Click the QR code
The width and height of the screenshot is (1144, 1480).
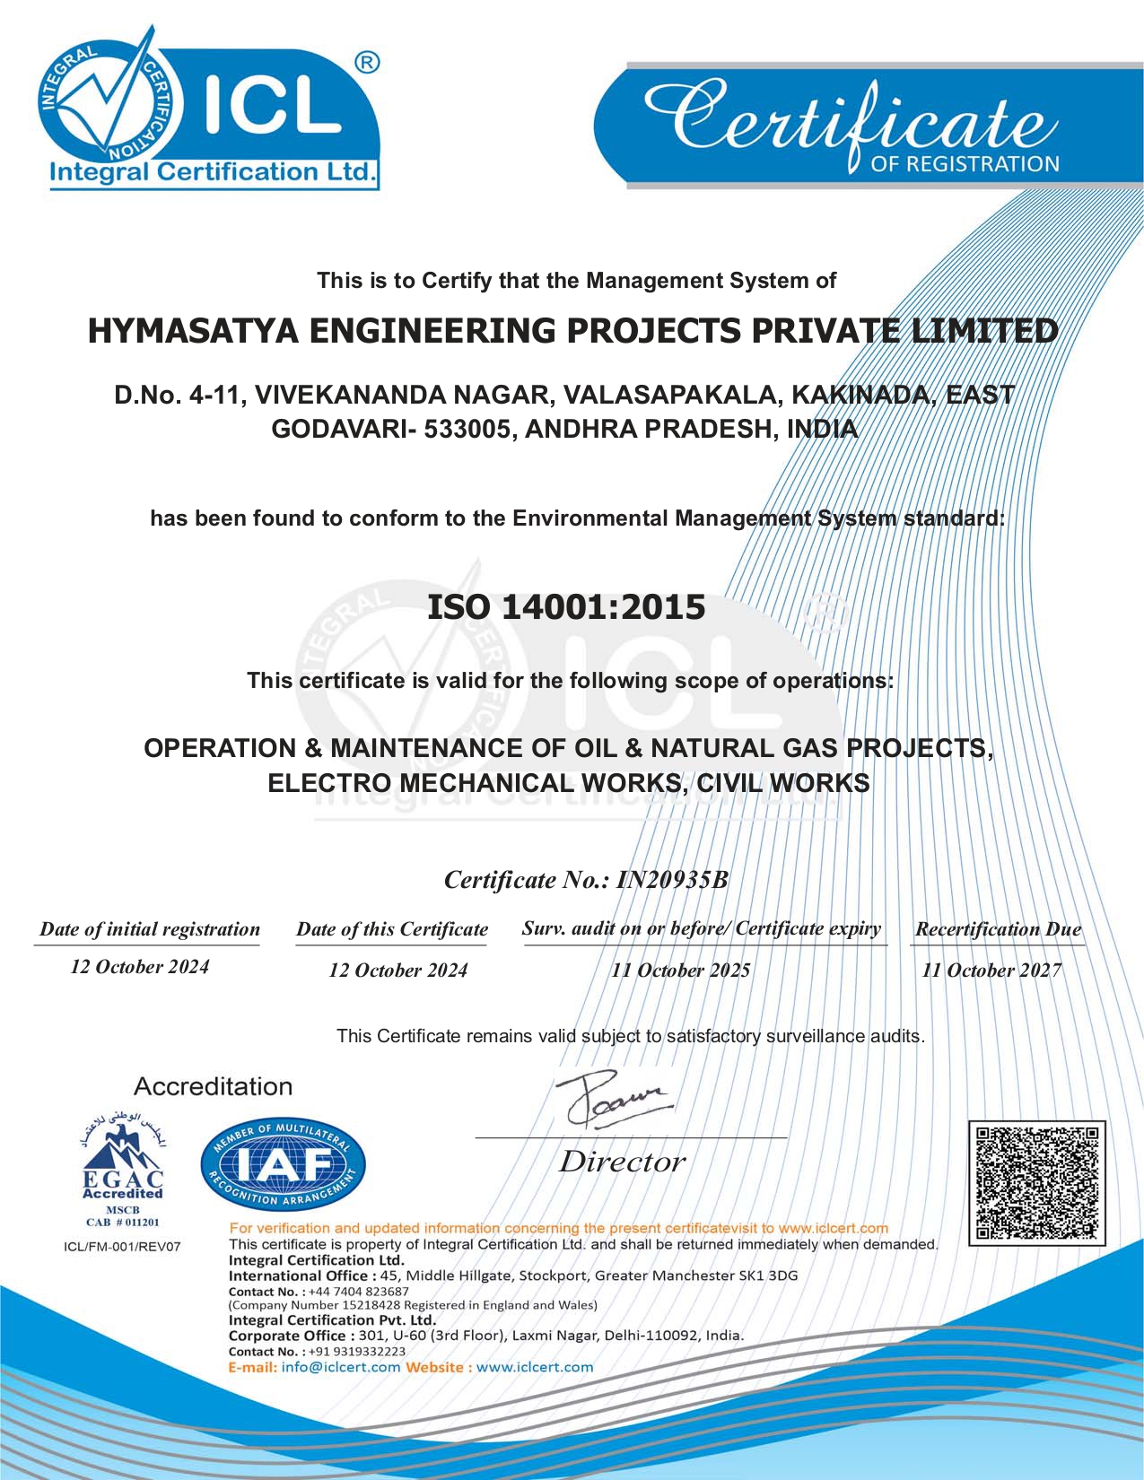tap(1036, 1182)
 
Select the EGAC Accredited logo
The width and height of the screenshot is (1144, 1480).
tap(123, 1166)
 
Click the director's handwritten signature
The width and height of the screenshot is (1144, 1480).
tap(612, 1099)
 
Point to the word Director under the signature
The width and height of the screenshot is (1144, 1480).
tap(622, 1162)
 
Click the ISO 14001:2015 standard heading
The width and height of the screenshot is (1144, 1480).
tap(566, 607)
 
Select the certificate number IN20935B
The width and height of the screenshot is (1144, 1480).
tap(672, 880)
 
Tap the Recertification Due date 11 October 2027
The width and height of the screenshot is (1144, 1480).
tap(991, 970)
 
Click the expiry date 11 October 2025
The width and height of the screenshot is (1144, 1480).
tap(680, 970)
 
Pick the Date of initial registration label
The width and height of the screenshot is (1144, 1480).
tap(150, 929)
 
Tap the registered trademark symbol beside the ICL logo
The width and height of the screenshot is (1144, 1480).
tap(367, 63)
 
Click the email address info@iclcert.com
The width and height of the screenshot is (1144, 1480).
tap(341, 1367)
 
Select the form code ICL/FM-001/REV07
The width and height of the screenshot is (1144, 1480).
tap(122, 1247)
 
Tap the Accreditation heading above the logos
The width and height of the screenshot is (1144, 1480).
tap(214, 1086)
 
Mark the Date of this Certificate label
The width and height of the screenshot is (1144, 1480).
tap(392, 929)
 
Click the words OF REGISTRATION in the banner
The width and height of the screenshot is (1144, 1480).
tap(965, 164)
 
